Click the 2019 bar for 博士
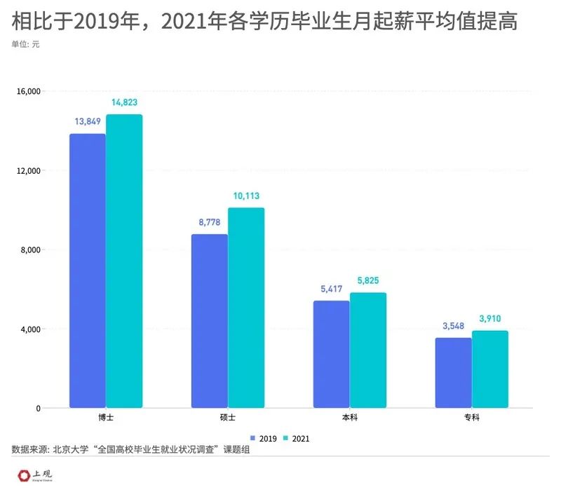click(88, 271)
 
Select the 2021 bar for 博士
click(124, 261)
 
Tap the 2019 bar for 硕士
click(210, 320)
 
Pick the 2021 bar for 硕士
click(246, 308)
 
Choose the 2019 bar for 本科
click(331, 354)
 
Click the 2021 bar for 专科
click(489, 369)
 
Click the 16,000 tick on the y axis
click(28, 91)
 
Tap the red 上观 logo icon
click(24, 475)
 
